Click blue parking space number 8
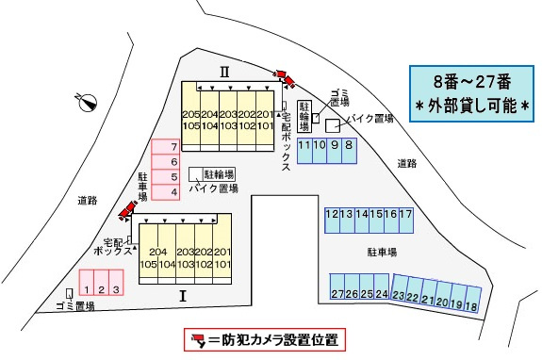tap(349, 148)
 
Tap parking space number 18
tap(471, 304)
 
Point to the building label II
tap(225, 71)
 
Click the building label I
tap(184, 295)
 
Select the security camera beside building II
tap(283, 77)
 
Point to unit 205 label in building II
tap(189, 114)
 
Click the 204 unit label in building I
tap(157, 252)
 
